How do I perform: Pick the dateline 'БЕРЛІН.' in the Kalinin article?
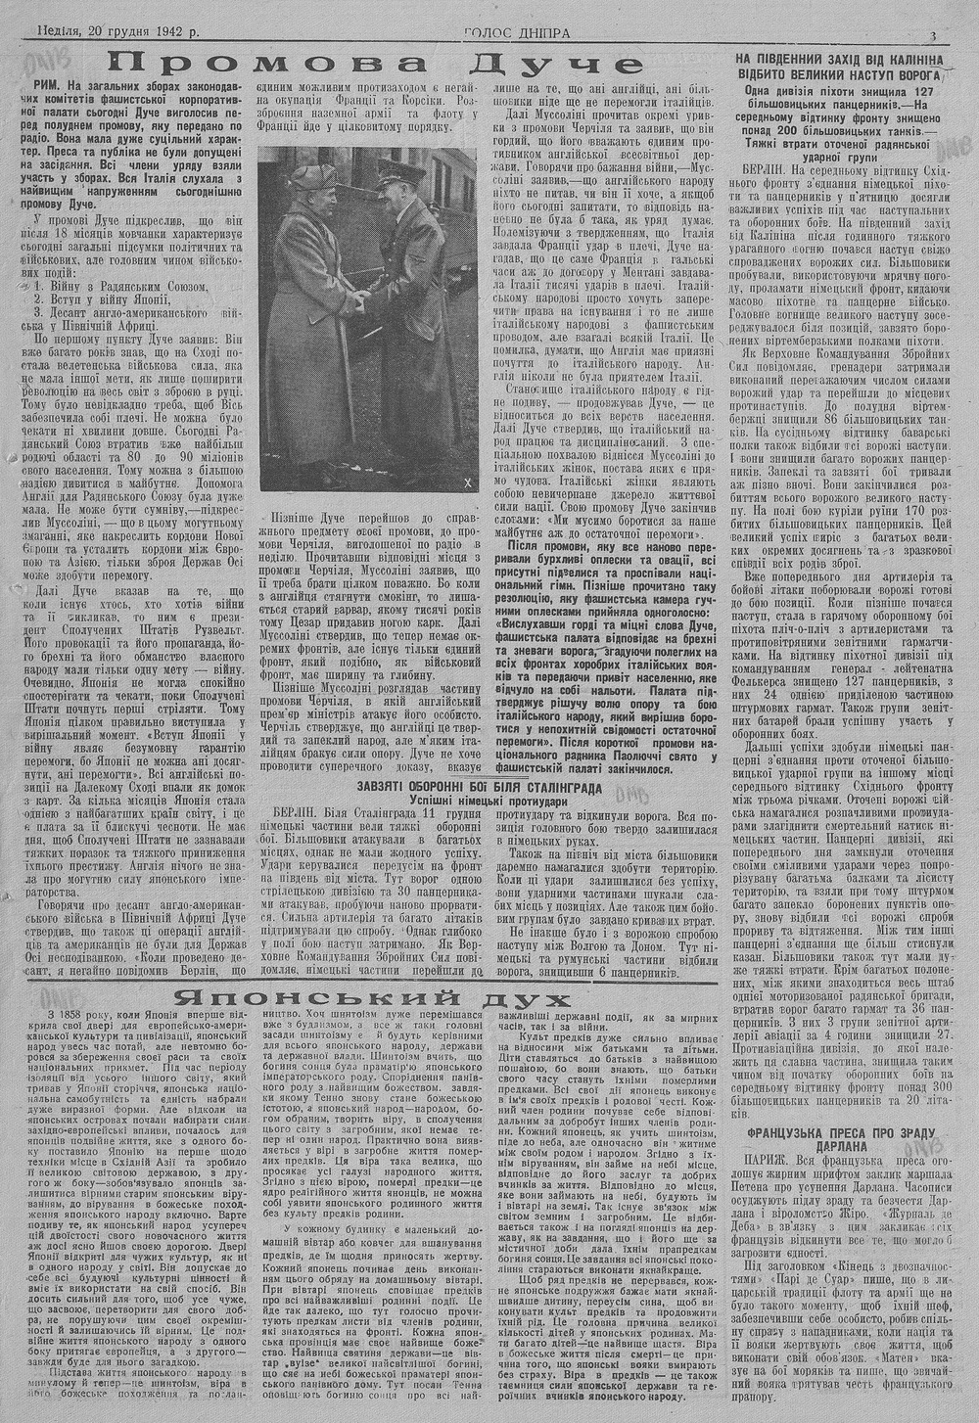click(768, 168)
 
